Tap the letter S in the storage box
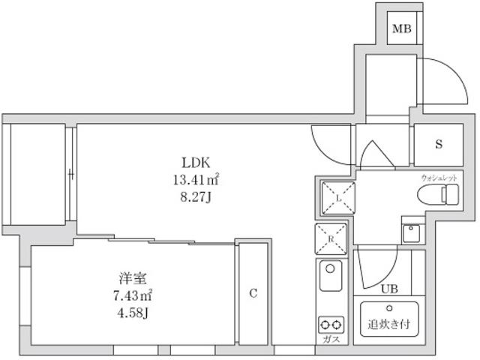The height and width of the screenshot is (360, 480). tap(439, 144)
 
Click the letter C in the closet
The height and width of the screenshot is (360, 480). tap(253, 293)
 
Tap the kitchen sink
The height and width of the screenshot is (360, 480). tap(330, 277)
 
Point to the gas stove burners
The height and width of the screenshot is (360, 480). tap(330, 324)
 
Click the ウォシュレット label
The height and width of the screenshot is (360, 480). tap(439, 176)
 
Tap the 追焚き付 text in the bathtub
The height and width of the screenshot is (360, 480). tap(389, 325)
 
